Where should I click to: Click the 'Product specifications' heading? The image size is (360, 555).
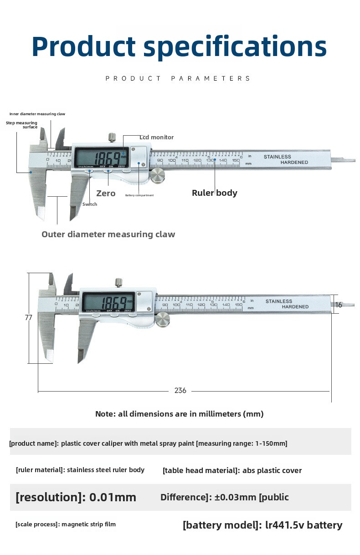point(179,47)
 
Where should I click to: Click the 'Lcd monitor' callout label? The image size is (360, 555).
point(156,137)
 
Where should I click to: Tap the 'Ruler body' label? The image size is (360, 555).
point(214,193)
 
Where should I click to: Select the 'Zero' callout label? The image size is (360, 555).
point(106,193)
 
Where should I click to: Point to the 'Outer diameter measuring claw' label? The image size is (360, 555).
point(108,234)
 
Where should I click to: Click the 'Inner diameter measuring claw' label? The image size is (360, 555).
point(37,114)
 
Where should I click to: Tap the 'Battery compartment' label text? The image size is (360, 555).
point(139,195)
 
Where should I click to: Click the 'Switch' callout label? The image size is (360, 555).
point(90,204)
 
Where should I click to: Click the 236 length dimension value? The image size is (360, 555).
point(180,391)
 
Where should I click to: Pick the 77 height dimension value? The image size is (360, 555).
point(29,317)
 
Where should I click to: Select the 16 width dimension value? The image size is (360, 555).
point(338,305)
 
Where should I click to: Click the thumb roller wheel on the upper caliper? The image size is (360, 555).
point(158,175)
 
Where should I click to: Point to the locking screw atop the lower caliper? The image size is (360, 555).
point(118,283)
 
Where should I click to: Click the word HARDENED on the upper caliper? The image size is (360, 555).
point(294,163)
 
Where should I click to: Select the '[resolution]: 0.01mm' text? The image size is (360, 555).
point(76,497)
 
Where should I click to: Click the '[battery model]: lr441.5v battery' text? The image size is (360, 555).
point(262,525)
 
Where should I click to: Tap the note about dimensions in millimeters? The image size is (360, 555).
point(179,414)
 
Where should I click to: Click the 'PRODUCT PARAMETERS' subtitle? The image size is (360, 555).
point(178,78)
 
